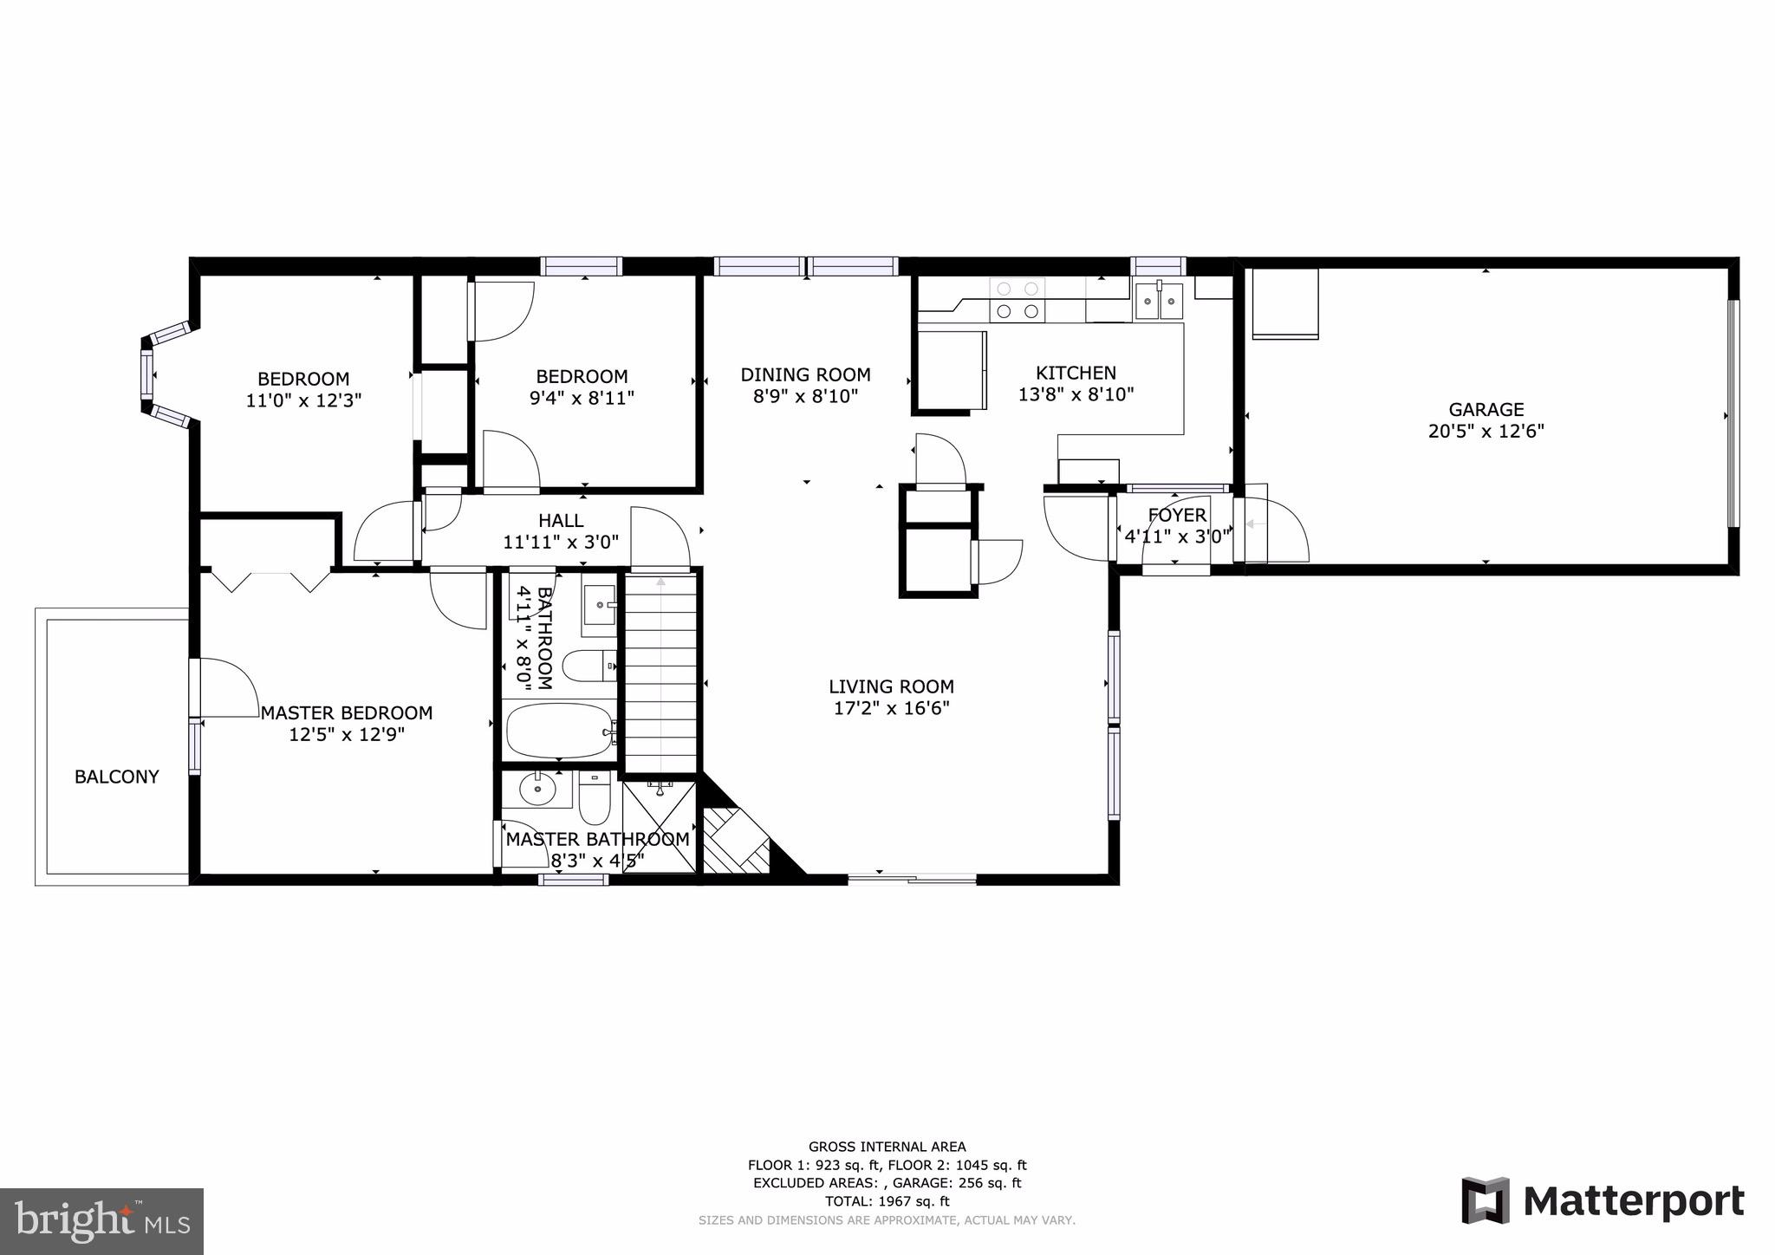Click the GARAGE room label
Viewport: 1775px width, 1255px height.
pos(1486,409)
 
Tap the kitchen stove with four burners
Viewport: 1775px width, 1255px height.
pos(1018,300)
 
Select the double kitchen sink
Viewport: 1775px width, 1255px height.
pos(1159,301)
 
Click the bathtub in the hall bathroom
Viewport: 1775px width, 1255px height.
pos(559,731)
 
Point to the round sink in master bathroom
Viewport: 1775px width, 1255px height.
pos(537,789)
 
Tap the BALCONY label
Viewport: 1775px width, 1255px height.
pos(116,777)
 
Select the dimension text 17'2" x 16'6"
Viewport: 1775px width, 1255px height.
pos(891,708)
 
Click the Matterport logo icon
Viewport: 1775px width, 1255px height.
pos(1486,1200)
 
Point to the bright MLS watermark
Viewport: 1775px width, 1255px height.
pos(101,1222)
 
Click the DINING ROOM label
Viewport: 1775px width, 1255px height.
pos(805,374)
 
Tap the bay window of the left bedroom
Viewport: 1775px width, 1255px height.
pos(148,375)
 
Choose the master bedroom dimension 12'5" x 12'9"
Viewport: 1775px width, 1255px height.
pos(347,735)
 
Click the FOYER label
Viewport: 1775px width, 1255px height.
pos(1176,516)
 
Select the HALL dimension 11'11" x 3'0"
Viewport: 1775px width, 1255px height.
pos(561,543)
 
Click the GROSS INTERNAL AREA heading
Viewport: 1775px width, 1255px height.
pos(887,1147)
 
